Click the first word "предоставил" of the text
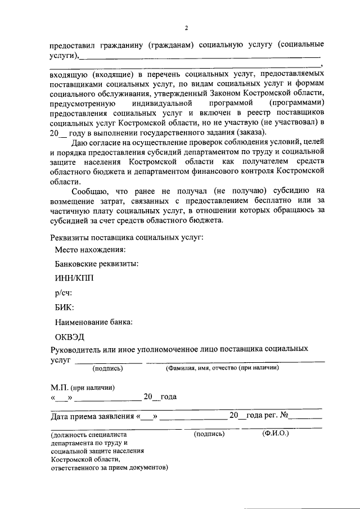[70, 44]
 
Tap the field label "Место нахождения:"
[89, 249]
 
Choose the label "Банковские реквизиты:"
[97, 264]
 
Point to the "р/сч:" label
[64, 293]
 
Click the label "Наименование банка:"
[93, 322]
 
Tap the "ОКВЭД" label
[70, 337]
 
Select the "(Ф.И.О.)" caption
[275, 434]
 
